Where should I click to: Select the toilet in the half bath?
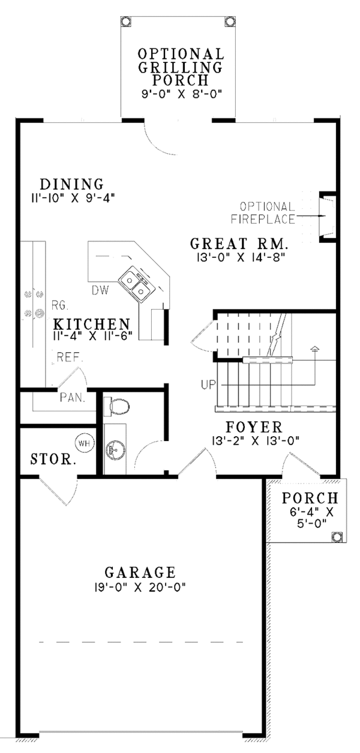118,407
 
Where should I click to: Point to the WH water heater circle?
83,443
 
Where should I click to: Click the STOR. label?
53,461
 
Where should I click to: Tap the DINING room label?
71,184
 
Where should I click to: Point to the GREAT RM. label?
239,244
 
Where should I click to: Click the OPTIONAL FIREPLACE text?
269,212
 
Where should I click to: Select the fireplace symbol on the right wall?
327,216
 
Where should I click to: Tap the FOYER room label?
254,427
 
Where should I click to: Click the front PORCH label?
310,497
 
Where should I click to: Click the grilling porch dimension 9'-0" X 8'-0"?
173,93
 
